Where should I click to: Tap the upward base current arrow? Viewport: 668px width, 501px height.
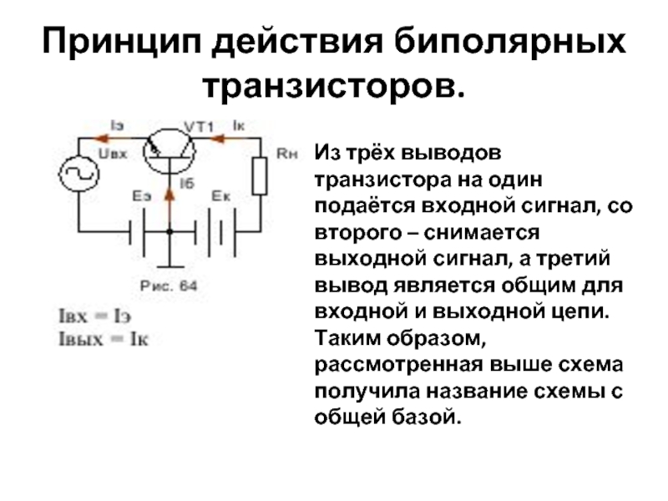[x=170, y=194]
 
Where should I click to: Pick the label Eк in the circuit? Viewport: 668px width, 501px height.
[x=220, y=196]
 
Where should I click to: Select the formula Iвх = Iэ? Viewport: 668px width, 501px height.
[x=94, y=317]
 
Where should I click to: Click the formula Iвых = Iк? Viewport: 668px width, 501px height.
[x=99, y=338]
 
